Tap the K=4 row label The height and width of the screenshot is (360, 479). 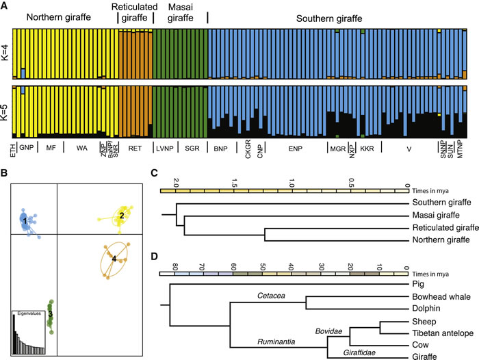click(6, 54)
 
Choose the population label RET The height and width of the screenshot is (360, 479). click(135, 147)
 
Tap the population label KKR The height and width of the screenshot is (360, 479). click(367, 147)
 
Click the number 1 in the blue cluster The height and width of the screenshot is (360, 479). click(25, 221)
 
